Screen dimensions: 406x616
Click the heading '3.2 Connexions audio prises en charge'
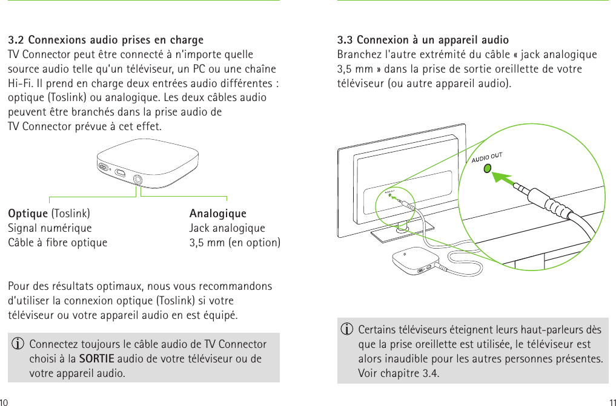click(105, 41)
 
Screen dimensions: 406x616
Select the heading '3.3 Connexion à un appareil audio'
click(423, 41)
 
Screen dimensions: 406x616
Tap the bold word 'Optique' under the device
click(28, 214)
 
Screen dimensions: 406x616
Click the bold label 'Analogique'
click(217, 214)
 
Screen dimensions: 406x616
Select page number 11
click(612, 401)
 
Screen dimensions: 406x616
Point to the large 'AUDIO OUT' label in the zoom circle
click(486, 157)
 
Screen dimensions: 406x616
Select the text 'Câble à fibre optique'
click(58, 243)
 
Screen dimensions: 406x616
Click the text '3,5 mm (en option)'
click(234, 243)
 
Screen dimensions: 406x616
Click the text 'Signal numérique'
click(50, 228)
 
